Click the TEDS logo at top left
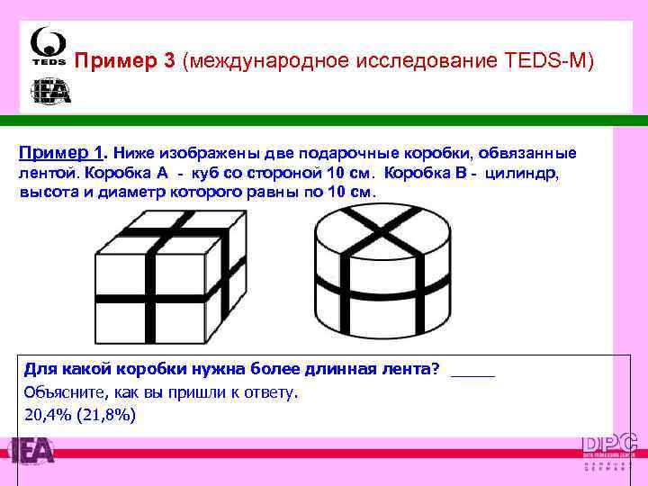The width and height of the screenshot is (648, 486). (47, 47)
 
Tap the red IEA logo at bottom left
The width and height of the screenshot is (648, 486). (31, 451)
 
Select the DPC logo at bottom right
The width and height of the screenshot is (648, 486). (610, 450)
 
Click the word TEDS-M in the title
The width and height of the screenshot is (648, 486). (552, 62)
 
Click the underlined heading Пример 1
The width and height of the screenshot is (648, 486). (61, 153)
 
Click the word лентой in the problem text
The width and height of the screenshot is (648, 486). (43, 173)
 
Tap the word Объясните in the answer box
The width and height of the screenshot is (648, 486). (62, 392)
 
